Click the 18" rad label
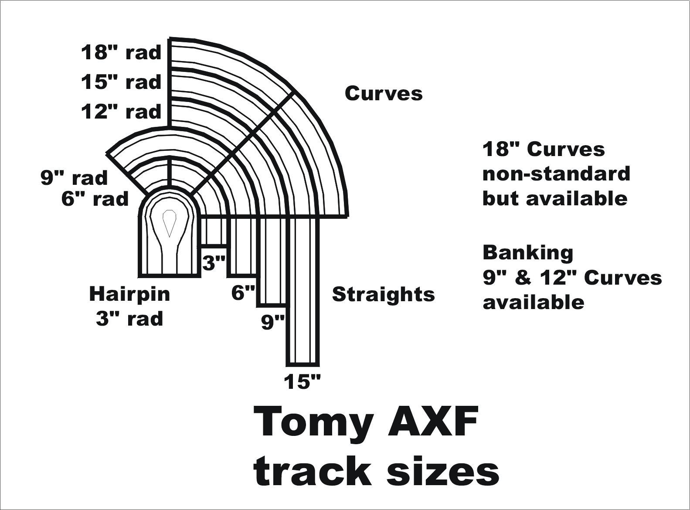click(121, 53)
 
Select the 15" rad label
click(121, 82)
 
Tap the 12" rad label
click(121, 112)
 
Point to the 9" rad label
click(74, 178)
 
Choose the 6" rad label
click(95, 199)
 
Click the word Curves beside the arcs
click(384, 94)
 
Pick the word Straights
click(383, 295)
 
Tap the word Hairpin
click(129, 294)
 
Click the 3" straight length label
click(214, 263)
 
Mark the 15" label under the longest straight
click(302, 382)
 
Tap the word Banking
click(528, 253)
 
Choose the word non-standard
click(556, 174)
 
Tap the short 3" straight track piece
click(214, 231)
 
